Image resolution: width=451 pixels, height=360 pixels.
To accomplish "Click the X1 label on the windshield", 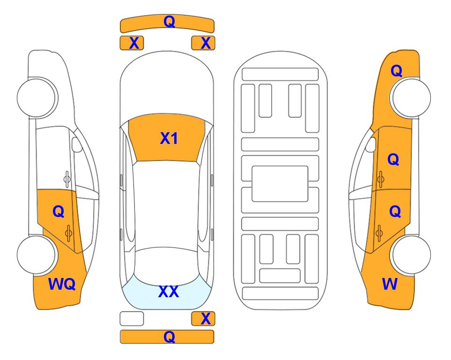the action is point(169,138).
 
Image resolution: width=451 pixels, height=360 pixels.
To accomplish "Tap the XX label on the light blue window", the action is point(169,292).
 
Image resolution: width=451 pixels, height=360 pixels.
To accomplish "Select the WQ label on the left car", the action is point(62,284).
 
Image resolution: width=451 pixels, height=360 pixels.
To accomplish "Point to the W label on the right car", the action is point(390,284).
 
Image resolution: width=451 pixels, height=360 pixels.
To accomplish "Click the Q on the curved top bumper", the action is point(169,21).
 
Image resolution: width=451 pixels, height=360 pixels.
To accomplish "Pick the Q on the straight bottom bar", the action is point(169,337).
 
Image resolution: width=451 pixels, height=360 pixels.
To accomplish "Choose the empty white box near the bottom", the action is point(132,319).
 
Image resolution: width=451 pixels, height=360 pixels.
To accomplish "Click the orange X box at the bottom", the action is point(203,319).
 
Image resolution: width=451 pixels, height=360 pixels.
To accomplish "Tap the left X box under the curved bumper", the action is point(132,43).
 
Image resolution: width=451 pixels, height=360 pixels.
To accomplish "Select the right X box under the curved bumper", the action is point(203,43).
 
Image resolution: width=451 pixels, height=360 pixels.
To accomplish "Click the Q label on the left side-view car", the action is point(59,211).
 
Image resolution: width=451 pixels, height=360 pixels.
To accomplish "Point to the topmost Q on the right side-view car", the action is point(396,71).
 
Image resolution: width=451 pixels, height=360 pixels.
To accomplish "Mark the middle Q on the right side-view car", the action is point(393,159).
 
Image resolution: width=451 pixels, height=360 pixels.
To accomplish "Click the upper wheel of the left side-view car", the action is point(37,98).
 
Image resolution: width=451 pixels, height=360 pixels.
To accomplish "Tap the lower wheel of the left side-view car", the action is point(37,255).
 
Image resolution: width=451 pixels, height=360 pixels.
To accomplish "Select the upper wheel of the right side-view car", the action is point(411,98).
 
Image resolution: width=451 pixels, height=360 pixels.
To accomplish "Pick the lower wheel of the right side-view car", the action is point(411,255).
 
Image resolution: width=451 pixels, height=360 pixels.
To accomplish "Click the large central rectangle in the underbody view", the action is point(280,184).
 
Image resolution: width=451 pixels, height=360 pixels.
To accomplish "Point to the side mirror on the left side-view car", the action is point(76,144).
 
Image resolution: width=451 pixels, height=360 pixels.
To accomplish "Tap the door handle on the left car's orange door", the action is point(68,233).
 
